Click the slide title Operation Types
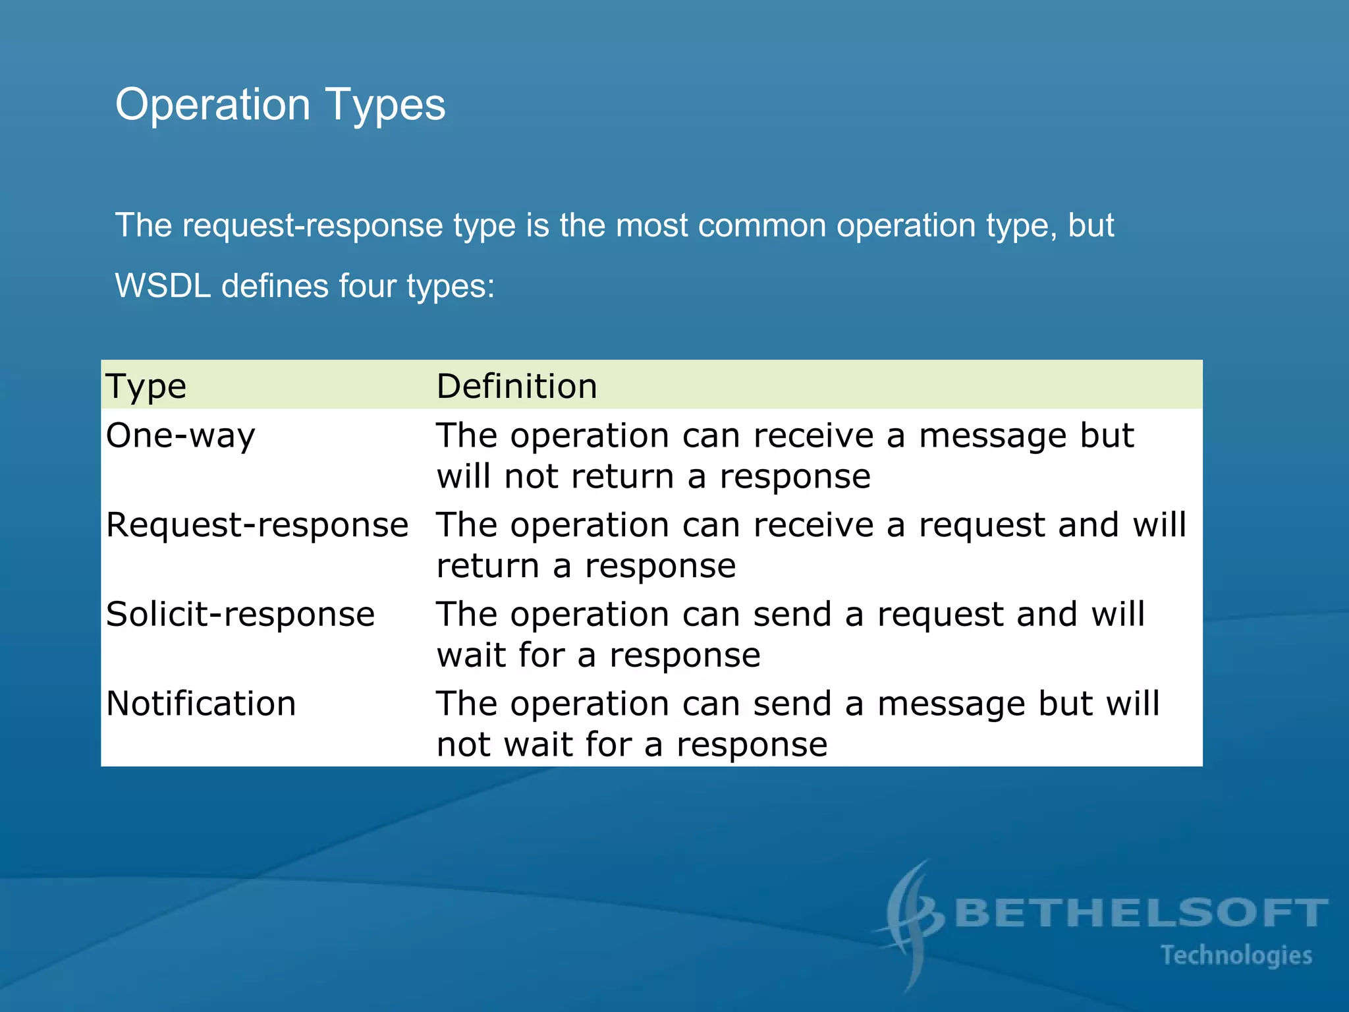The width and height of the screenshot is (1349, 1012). (x=280, y=105)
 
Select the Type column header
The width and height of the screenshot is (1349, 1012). (x=146, y=387)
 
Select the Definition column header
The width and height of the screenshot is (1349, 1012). (x=517, y=387)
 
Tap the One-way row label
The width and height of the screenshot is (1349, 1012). (x=180, y=436)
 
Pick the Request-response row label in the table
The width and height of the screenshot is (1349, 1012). (x=257, y=526)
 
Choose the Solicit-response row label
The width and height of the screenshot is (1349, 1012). (x=240, y=615)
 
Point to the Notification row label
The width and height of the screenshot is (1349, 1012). (x=201, y=704)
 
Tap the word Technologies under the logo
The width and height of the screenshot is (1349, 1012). (x=1236, y=955)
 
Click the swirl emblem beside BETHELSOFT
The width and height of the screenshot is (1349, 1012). (x=912, y=922)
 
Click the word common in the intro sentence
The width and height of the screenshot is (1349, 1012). (x=761, y=226)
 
